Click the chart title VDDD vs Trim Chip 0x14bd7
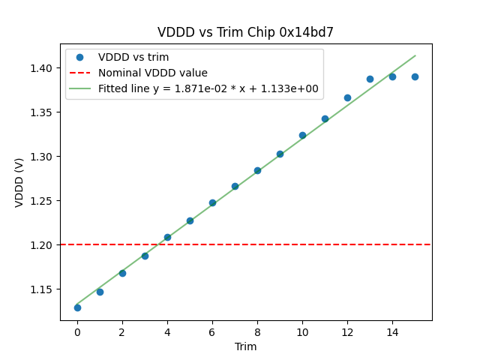coord(245,33)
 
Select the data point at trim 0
coord(77,307)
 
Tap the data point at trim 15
coord(415,76)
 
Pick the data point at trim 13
coord(370,79)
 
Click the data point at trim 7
coord(235,186)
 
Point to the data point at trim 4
coord(167,237)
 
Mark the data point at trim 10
coord(302,135)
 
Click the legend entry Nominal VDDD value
coord(153,73)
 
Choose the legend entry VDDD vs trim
coord(133,57)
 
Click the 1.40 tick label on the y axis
coord(42,68)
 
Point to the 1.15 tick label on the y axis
coord(42,289)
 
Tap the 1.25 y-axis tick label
coord(42,201)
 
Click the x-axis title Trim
coord(245,346)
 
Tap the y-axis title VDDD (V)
coord(19,182)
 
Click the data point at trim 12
coord(347,97)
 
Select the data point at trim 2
coord(122,273)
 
